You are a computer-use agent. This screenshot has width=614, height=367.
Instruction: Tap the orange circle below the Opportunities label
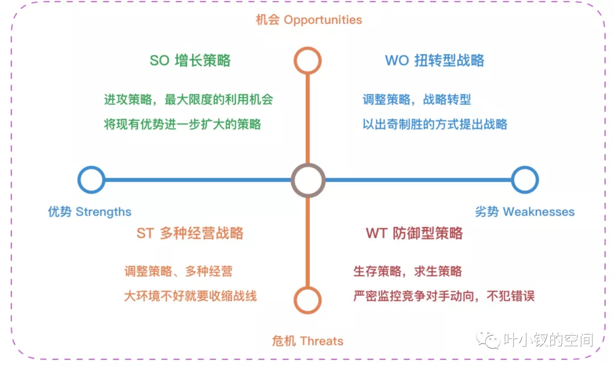[308, 48]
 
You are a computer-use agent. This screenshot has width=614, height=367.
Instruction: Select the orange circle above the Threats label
[308, 288]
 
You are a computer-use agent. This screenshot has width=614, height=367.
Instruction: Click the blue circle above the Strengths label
[91, 167]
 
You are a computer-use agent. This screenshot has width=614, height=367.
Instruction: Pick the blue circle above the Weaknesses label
[525, 167]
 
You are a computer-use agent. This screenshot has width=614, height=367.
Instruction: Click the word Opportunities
[323, 20]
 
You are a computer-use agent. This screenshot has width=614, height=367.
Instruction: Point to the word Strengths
[103, 212]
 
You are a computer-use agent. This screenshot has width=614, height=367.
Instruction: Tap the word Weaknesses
[538, 212]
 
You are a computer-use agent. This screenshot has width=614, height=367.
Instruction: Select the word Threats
[322, 341]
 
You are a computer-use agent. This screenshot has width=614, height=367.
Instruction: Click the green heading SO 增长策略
[190, 60]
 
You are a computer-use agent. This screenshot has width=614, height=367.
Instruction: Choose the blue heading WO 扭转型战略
[435, 60]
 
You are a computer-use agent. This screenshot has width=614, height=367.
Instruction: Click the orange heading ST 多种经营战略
[190, 233]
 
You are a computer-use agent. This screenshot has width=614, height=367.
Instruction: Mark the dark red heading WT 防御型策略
[414, 233]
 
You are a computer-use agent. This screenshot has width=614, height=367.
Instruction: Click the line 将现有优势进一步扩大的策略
[182, 124]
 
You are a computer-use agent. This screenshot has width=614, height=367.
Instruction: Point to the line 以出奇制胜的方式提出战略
[435, 124]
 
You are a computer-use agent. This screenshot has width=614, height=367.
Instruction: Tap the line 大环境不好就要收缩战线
[190, 296]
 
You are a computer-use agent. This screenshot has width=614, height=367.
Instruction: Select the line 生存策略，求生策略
[408, 271]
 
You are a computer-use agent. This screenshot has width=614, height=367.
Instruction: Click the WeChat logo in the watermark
[488, 340]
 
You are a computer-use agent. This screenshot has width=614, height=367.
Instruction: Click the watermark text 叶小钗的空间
[548, 340]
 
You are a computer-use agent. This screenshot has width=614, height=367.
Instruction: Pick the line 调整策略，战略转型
[417, 100]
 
